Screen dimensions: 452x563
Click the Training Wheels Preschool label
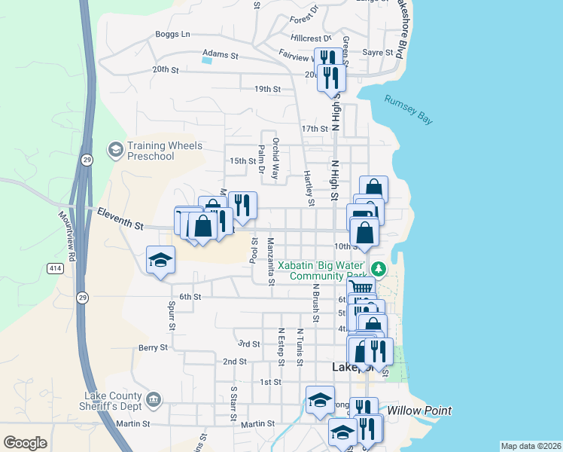click(x=151, y=151)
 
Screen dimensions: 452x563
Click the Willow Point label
click(x=419, y=411)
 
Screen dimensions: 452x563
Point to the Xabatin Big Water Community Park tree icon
click(x=379, y=269)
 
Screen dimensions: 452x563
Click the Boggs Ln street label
click(x=172, y=34)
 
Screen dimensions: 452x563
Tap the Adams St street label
click(x=220, y=55)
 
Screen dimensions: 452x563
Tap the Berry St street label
click(x=152, y=347)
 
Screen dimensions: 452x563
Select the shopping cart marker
click(x=362, y=287)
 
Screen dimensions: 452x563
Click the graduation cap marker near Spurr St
click(x=160, y=261)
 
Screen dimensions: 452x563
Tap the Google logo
click(x=26, y=443)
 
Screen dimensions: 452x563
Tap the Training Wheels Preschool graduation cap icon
click(x=115, y=150)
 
